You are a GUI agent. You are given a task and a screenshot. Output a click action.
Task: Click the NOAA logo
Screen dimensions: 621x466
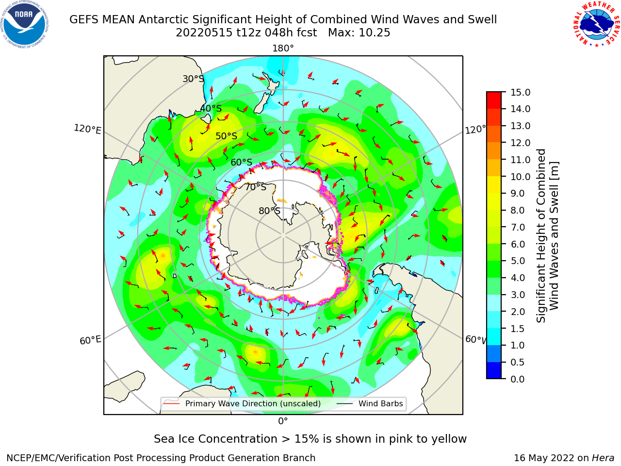click(25, 24)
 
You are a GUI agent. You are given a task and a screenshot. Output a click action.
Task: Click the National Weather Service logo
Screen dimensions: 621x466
click(596, 24)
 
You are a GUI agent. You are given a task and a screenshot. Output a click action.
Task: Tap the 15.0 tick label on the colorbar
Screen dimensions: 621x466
click(520, 92)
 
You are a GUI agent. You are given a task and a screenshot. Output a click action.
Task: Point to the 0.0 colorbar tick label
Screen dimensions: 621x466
click(517, 379)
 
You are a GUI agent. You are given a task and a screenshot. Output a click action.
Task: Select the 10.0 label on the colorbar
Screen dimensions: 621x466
click(520, 177)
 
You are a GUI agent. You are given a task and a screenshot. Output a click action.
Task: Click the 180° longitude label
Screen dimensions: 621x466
click(283, 49)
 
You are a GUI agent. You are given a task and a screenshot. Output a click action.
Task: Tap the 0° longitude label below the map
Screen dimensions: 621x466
click(283, 421)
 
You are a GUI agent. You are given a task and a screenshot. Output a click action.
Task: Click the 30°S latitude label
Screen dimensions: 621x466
click(193, 79)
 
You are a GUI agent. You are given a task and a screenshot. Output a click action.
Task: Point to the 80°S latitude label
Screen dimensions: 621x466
click(269, 211)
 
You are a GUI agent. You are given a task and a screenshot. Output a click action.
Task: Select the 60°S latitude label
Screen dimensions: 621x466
click(241, 162)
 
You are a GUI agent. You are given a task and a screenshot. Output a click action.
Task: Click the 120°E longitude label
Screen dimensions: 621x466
click(87, 129)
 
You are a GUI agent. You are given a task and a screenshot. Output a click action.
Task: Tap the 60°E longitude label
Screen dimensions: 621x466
click(90, 340)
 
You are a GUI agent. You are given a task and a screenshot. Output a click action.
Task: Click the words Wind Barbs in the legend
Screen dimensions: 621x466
click(380, 403)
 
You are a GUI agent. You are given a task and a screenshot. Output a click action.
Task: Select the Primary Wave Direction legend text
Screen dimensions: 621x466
click(253, 403)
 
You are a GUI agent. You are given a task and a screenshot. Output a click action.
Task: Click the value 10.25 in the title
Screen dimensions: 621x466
click(374, 33)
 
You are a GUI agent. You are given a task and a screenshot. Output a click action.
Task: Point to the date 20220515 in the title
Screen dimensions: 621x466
click(204, 33)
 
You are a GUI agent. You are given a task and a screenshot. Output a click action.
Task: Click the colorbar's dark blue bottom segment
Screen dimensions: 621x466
click(494, 370)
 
